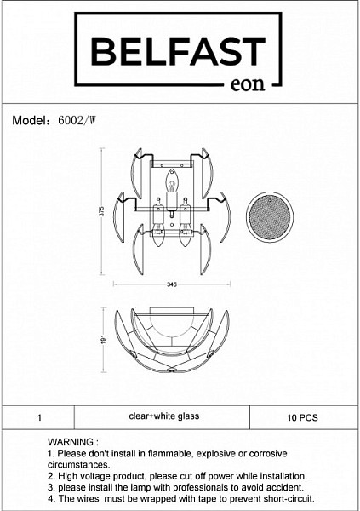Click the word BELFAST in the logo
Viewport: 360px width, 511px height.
[178, 51]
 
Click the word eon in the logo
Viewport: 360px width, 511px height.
[248, 84]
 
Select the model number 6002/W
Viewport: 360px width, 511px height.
[77, 121]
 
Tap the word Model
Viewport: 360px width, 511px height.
[30, 121]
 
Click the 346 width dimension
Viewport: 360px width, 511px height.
[172, 284]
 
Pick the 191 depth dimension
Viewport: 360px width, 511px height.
[104, 339]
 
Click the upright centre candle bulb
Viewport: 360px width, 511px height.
[171, 181]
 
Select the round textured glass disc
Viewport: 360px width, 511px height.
[270, 216]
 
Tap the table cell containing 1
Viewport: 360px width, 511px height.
[39, 417]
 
